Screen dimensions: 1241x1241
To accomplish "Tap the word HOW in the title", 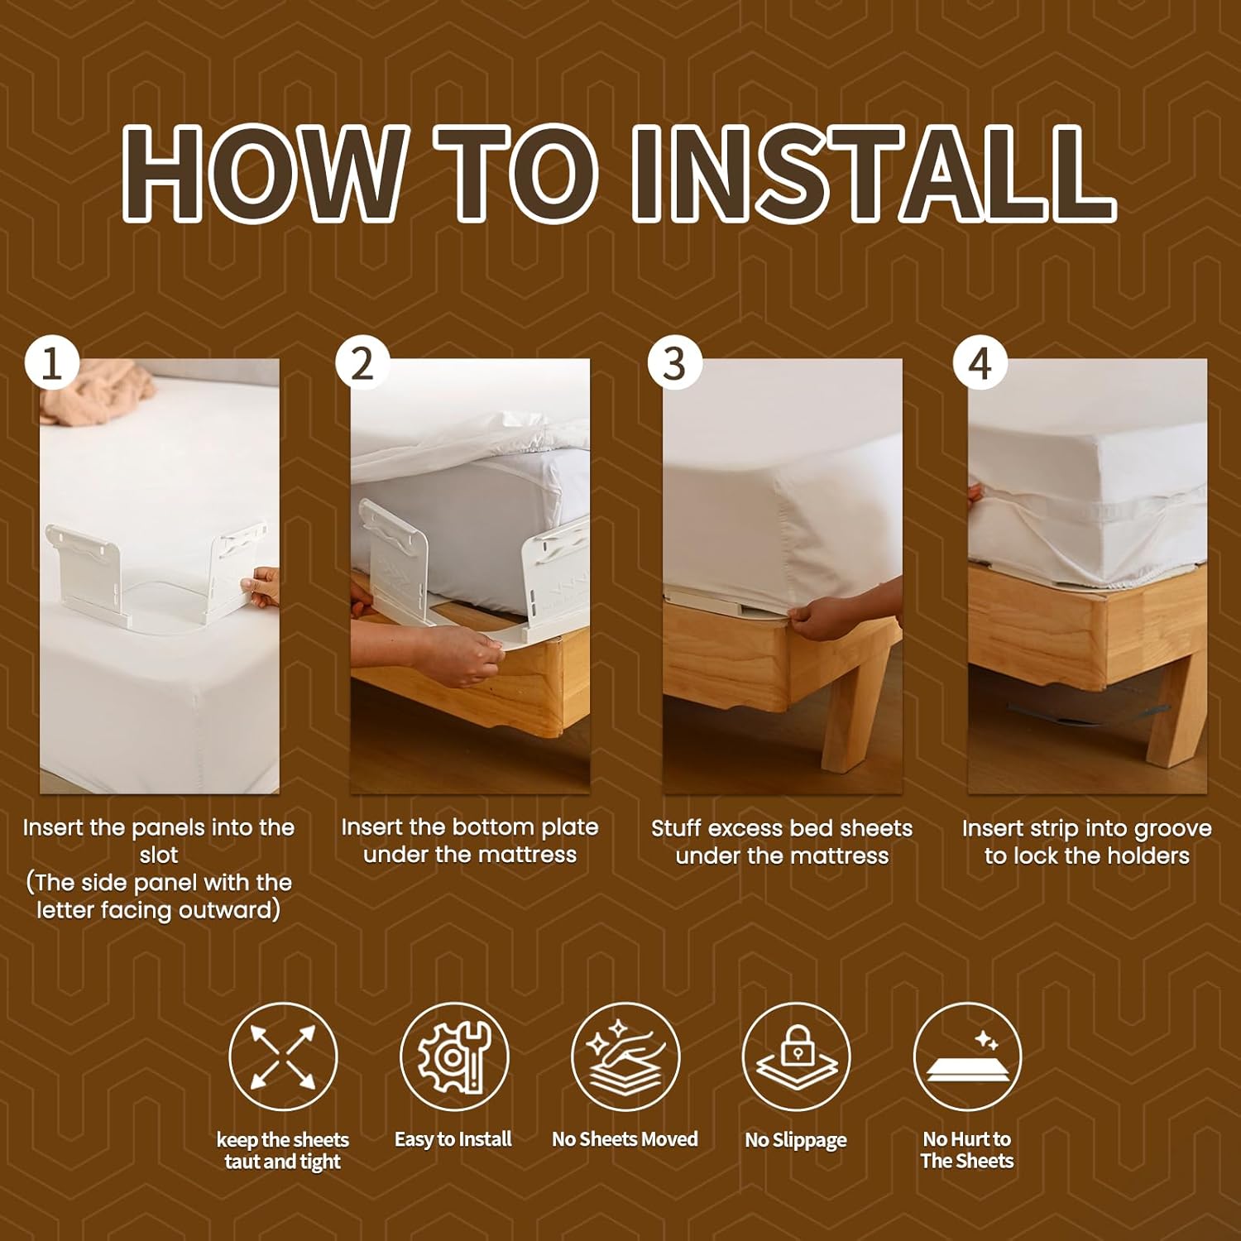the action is pos(264,174).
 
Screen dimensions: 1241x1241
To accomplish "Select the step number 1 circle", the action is pos(52,362).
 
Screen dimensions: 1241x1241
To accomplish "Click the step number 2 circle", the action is pos(362,362).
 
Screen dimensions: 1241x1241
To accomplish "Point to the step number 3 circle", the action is pos(674,362).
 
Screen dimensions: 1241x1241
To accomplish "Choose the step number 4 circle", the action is pos(980,362).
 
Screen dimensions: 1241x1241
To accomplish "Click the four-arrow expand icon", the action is pos(283,1057).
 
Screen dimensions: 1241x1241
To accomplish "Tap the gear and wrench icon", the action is pos(453,1057).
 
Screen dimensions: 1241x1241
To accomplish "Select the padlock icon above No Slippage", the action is pos(796,1057).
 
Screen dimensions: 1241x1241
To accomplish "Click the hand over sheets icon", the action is pos(625,1057).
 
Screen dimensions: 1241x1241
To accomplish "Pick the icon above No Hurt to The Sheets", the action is pos(967,1057).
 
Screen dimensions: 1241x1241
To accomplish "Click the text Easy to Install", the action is pos(453,1139).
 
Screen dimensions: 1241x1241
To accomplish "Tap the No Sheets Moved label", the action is pos(625,1139).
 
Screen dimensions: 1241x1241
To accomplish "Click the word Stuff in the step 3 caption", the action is pos(677,828).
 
